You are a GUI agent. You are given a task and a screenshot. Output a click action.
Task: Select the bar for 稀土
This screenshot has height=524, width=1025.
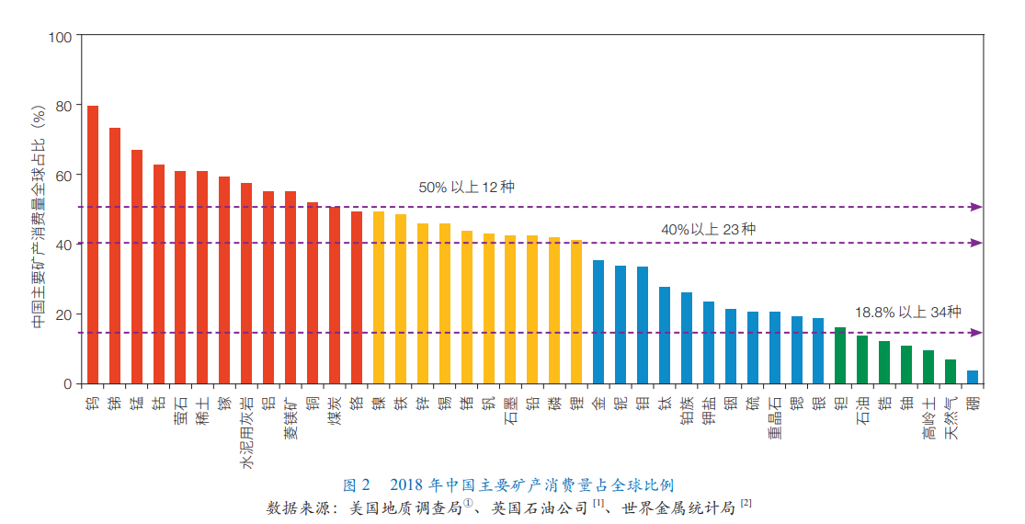[x=202, y=277]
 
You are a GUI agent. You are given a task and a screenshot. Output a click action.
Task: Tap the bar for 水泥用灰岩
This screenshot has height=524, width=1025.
[x=246, y=283]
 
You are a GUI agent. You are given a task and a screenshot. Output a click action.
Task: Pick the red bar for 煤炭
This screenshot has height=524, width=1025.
[x=334, y=294]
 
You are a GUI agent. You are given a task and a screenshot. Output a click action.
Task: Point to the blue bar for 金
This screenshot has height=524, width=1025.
[x=598, y=322]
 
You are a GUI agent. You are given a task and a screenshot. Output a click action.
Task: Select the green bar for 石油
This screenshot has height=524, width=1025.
[x=861, y=359]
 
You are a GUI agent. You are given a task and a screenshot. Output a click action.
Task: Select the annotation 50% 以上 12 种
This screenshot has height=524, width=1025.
[x=466, y=187]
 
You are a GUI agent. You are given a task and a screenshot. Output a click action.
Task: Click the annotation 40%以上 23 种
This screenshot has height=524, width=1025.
[x=708, y=229]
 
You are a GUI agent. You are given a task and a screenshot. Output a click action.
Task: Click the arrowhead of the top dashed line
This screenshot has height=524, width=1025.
[x=977, y=207]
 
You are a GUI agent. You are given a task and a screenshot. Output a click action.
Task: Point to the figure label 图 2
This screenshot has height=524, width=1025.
[x=356, y=484]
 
